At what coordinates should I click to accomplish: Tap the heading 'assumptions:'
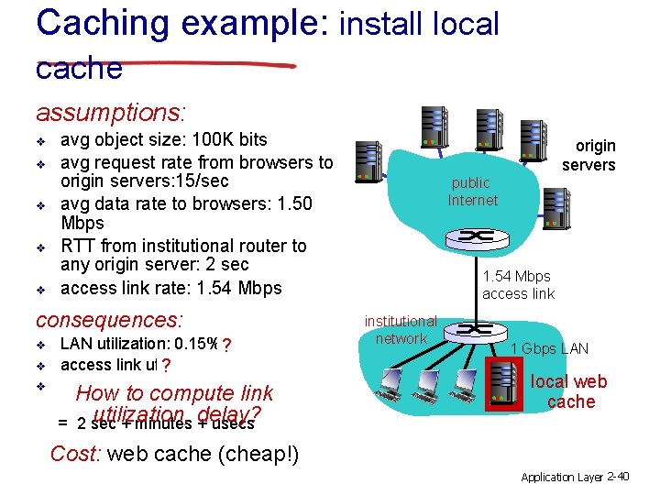pyautogui.click(x=111, y=113)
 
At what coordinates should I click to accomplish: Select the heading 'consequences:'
pyautogui.click(x=109, y=320)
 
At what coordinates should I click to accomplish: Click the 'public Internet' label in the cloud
pyautogui.click(x=472, y=191)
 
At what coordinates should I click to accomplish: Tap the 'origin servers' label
pyautogui.click(x=588, y=155)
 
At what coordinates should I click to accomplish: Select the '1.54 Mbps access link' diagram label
pyautogui.click(x=517, y=284)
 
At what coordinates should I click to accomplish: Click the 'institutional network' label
pyautogui.click(x=401, y=330)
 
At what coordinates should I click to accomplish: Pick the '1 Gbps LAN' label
pyautogui.click(x=549, y=348)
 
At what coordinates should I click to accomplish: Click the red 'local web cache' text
pyautogui.click(x=569, y=391)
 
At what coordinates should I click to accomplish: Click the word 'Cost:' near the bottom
pyautogui.click(x=76, y=454)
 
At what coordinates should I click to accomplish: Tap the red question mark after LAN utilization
pyautogui.click(x=225, y=346)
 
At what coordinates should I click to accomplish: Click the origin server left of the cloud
pyautogui.click(x=368, y=162)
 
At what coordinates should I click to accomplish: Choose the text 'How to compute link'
pyautogui.click(x=174, y=394)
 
